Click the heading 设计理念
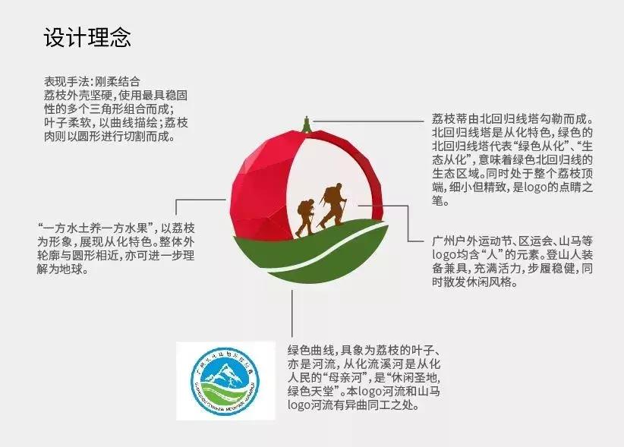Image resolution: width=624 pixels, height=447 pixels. [87, 38]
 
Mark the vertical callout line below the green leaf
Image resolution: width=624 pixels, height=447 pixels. [292, 311]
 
